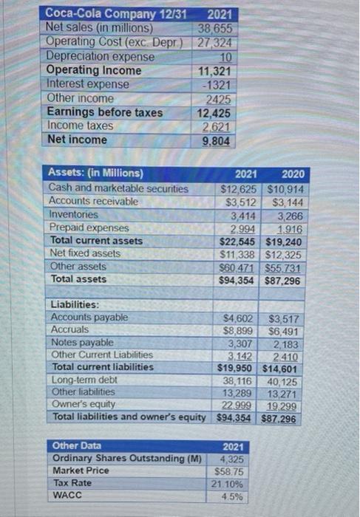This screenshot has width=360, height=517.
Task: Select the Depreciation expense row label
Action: point(100,57)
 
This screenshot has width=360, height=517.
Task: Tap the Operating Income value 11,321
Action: point(214,71)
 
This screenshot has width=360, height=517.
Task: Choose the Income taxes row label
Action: point(80,126)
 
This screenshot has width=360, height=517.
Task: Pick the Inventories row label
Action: point(74,215)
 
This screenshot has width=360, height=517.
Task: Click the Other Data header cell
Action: point(76,446)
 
